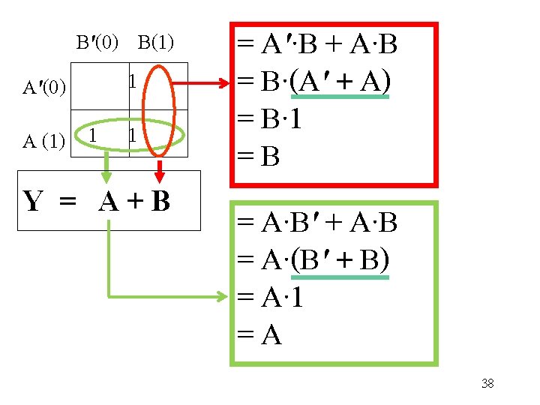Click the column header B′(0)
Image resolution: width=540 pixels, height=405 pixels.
[x=97, y=43]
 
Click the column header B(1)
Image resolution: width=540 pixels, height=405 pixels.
[x=156, y=43]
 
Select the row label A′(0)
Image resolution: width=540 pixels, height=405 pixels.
[x=45, y=88]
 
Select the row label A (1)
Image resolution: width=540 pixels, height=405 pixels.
[x=43, y=140]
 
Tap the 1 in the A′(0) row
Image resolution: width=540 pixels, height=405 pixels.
[x=131, y=80]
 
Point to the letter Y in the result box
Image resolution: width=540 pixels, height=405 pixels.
[x=33, y=201]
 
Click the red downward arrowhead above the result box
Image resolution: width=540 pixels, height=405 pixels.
[x=159, y=177]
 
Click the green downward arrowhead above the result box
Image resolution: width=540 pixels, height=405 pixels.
[x=107, y=176]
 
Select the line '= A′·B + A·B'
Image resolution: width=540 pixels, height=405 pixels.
[x=316, y=46]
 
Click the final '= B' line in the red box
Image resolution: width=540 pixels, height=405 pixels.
[x=259, y=156]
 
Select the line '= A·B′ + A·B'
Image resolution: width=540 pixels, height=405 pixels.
[x=316, y=223]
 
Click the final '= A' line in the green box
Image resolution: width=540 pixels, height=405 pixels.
[x=259, y=335]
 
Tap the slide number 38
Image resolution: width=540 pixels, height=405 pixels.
[x=487, y=384]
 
